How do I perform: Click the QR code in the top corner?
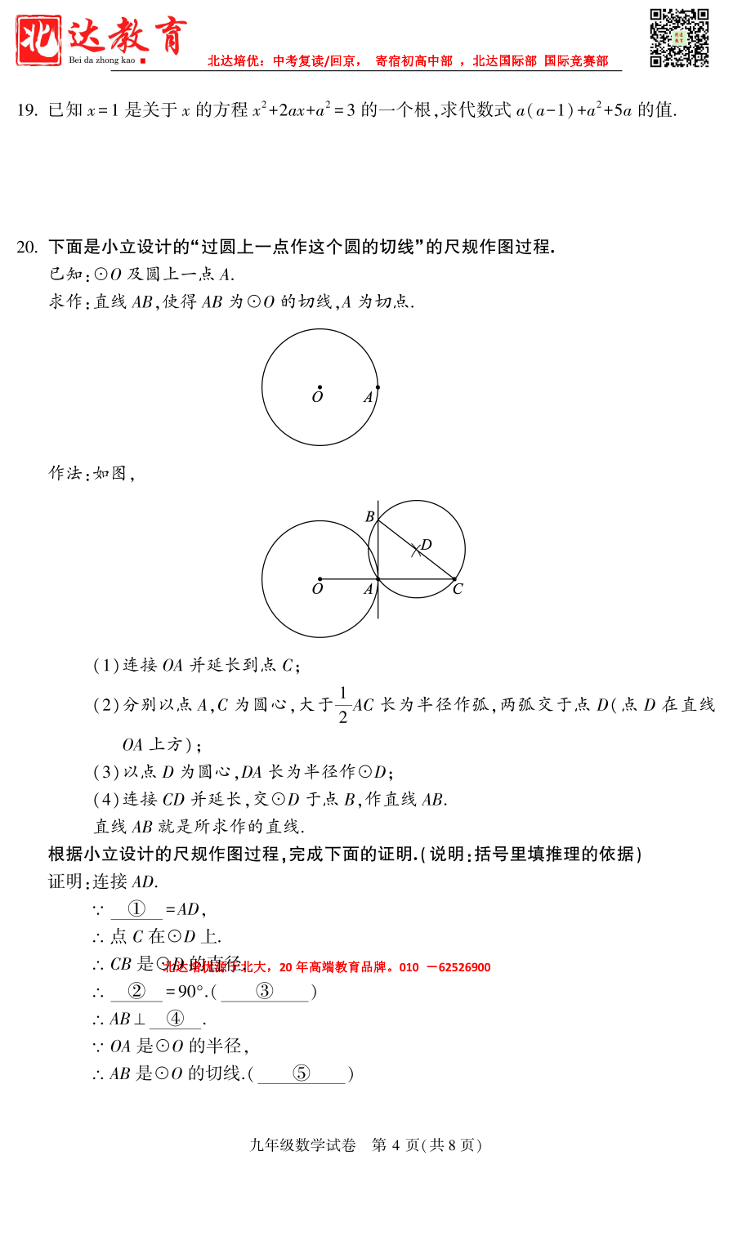pos(679,38)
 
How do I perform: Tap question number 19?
pos(27,110)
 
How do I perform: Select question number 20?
pos(27,247)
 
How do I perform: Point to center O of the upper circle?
pos(320,387)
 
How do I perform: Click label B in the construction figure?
pos(369,516)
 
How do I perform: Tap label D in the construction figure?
pos(426,545)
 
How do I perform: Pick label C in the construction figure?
pos(458,589)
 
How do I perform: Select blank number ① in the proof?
pos(136,909)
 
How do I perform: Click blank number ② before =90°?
pos(136,992)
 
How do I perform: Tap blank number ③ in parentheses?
pos(265,992)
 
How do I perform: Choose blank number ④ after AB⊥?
pos(175,1019)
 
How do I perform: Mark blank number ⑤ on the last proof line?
pos(302,1073)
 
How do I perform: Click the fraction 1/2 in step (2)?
pos(343,705)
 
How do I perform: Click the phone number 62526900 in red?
pos(464,967)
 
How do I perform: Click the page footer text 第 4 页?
pos(396,1145)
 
